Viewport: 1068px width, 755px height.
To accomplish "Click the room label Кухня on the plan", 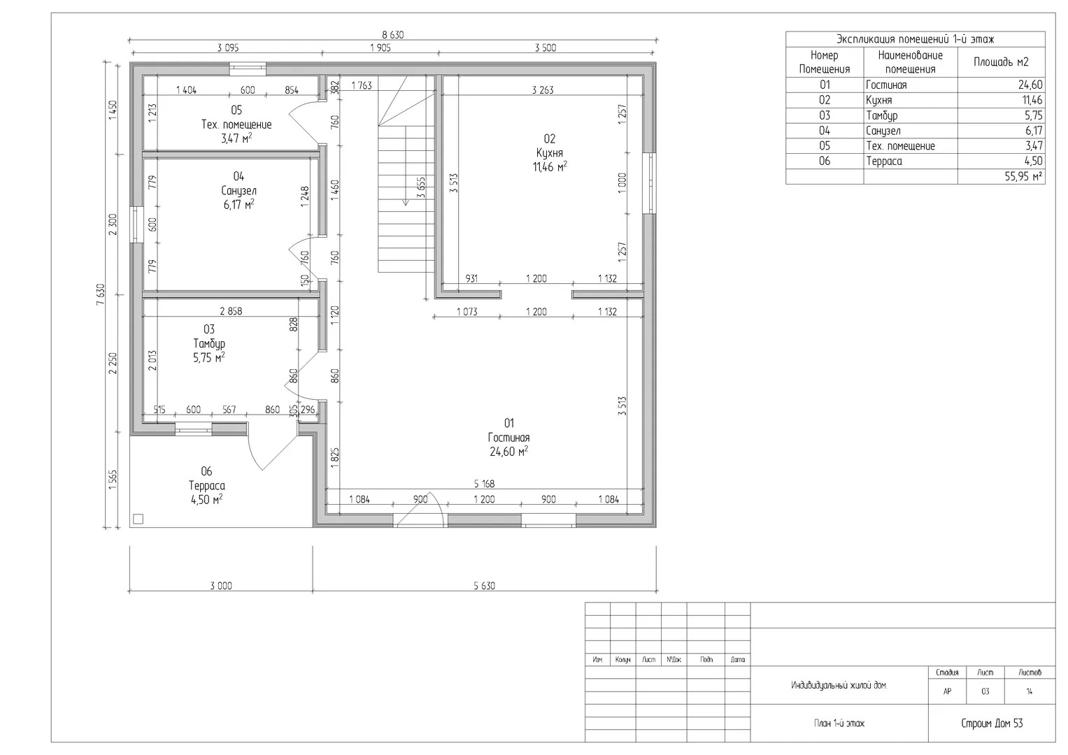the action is pos(549,153).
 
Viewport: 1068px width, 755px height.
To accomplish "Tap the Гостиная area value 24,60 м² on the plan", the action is pos(508,452).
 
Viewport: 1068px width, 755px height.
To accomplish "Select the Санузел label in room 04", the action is pos(239,191).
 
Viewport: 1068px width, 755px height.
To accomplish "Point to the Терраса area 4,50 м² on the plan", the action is pos(206,500).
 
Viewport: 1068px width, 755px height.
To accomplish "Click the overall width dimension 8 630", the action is pos(393,35).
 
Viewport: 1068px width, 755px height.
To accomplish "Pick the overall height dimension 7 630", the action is pos(100,294).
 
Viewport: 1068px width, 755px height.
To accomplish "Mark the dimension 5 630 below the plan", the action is pos(485,586).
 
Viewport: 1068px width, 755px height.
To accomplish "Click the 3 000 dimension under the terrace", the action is pos(221,586).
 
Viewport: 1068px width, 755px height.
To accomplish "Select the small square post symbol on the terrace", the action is pos(138,519).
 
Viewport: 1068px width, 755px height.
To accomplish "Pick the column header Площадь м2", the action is pos(1001,62).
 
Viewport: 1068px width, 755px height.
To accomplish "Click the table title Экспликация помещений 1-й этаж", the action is pos(916,39).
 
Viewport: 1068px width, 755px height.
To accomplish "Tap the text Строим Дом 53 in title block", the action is pos(992,723).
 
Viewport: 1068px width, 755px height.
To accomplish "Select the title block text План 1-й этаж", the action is pos(839,723).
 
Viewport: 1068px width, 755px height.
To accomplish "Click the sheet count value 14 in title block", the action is pos(1030,691).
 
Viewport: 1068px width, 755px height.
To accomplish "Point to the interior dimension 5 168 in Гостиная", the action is pos(485,484).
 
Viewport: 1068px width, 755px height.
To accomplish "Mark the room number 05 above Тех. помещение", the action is pos(236,110).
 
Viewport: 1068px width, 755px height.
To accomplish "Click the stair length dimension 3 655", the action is pos(420,188).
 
